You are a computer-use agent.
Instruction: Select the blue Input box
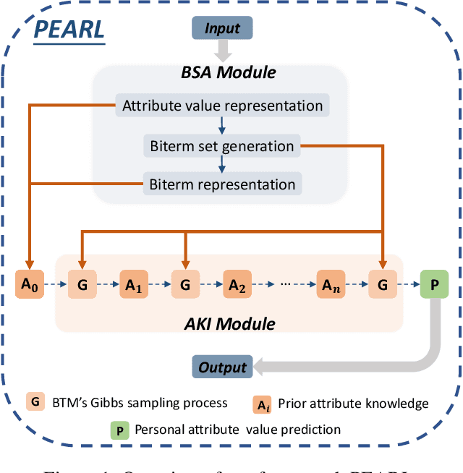pos(222,28)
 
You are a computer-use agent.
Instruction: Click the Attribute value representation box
pos(222,106)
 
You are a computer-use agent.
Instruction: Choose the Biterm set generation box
pos(222,146)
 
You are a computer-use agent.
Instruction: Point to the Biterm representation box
pos(222,184)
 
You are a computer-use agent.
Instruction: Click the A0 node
pos(29,284)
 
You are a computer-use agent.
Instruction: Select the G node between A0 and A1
pos(81,285)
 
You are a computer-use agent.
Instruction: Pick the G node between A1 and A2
pos(185,285)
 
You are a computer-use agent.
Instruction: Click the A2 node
pos(237,285)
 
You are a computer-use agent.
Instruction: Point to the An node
pos(330,285)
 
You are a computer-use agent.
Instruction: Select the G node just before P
pos(382,285)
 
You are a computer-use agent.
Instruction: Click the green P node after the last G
pos(434,285)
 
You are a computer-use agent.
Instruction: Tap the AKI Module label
pos(228,324)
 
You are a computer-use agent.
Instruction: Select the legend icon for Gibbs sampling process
pos(35,401)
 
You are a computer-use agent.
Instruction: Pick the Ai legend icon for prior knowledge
pos(261,404)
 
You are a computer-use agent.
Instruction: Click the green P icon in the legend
pos(119,429)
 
